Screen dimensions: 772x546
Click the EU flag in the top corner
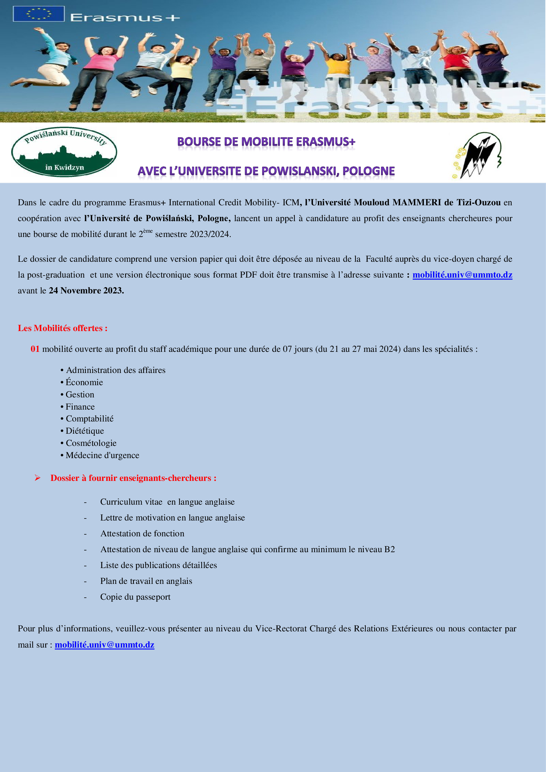pyautogui.click(x=39, y=14)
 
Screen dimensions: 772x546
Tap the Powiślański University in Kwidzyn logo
pyautogui.click(x=64, y=152)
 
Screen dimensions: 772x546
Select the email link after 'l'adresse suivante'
pyautogui.click(x=462, y=275)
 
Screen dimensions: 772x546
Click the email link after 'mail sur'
pyautogui.click(x=105, y=645)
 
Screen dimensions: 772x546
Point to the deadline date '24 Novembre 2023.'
pyautogui.click(x=86, y=290)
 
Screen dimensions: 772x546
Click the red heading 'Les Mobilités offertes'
pyautogui.click(x=62, y=328)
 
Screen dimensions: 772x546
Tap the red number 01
pyautogui.click(x=35, y=349)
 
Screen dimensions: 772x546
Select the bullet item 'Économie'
pyautogui.click(x=84, y=382)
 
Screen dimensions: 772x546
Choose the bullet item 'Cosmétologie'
pyautogui.click(x=91, y=443)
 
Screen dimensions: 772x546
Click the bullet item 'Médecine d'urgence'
pyautogui.click(x=102, y=455)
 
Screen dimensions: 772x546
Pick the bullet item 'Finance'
pyautogui.click(x=80, y=407)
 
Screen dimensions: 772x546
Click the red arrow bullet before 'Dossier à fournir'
pyautogui.click(x=37, y=478)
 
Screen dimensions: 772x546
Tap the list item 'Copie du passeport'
pyautogui.click(x=135, y=597)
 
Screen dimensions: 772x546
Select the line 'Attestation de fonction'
pyautogui.click(x=142, y=533)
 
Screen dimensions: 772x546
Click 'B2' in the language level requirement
pyautogui.click(x=389, y=549)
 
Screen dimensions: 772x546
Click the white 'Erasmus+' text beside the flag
pyautogui.click(x=125, y=17)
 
